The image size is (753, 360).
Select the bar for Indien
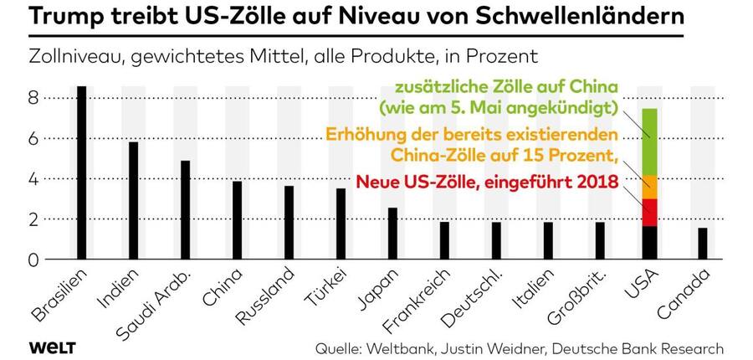tap(133, 201)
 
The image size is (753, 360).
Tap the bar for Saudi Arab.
tap(185, 210)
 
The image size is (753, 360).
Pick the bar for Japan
tap(392, 234)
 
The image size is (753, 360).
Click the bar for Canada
tap(702, 244)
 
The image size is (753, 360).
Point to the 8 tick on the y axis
tap(34, 98)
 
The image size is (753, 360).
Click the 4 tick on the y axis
tap(34, 179)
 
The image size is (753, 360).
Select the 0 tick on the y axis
tap(34, 260)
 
